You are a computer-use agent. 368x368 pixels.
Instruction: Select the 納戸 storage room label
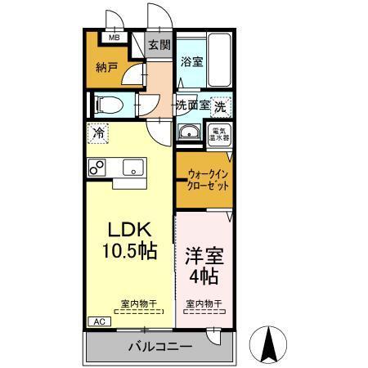pos(106,68)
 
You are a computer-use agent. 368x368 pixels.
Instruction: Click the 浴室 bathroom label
pos(191,61)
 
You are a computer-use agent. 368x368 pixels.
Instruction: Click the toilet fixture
pos(106,105)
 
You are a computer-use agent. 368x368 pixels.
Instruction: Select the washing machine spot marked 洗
pos(220,105)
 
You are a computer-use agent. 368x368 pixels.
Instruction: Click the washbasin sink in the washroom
pos(190,133)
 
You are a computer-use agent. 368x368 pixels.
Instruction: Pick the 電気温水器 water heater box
pos(220,133)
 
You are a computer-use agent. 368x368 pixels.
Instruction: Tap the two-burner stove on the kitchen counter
pos(96,167)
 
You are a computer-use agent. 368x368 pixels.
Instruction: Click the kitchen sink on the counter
pos(131,168)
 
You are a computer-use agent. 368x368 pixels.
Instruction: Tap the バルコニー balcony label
pos(160,347)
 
